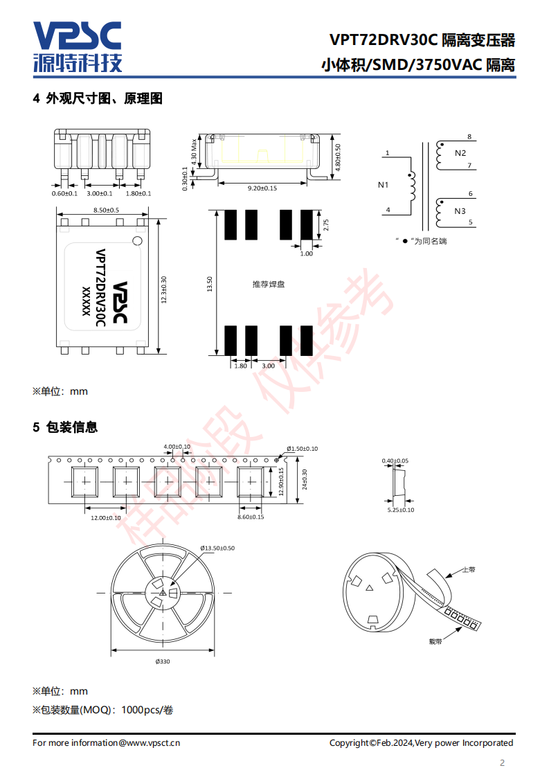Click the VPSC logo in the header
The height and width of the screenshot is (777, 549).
point(78,46)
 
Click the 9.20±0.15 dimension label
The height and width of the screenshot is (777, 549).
point(262,188)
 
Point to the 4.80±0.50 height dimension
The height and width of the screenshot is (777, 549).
point(338,158)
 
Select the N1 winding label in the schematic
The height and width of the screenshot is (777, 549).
point(383,185)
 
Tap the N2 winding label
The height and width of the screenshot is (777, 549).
point(460,153)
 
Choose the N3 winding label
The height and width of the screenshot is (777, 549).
point(460,211)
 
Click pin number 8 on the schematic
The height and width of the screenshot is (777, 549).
point(469,136)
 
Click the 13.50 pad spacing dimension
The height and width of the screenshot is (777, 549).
point(210,284)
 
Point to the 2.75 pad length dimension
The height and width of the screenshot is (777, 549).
point(326,225)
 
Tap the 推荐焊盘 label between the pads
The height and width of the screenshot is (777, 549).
point(269,285)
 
